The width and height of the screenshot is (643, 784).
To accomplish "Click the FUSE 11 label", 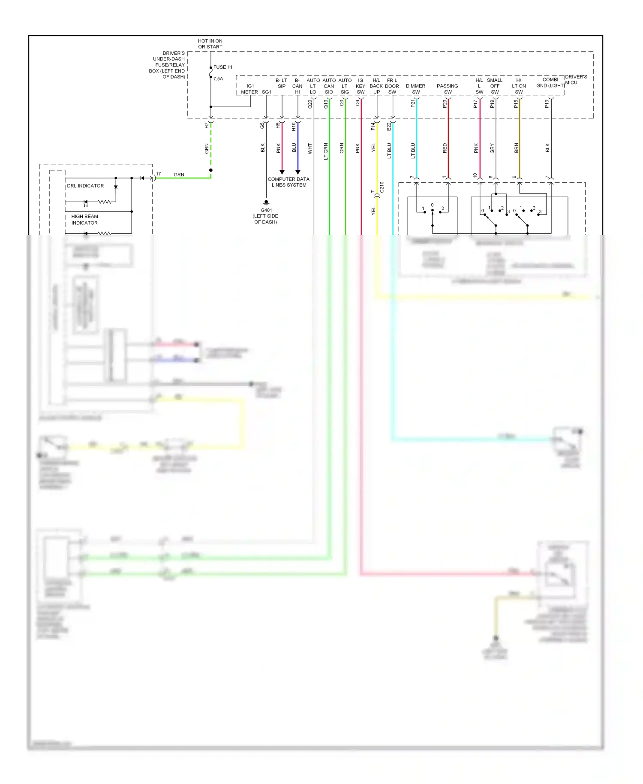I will pos(223,67).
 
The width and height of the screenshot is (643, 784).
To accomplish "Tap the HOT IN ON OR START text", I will pos(210,44).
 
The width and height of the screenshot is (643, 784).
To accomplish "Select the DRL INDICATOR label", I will pos(85,186).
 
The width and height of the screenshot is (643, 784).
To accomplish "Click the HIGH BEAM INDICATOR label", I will pos(84,220).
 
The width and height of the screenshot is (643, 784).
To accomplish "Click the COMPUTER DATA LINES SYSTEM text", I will pos(288,182).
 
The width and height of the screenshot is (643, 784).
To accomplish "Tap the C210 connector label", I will pos(382,187).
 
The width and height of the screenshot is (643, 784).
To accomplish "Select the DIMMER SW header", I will pos(415,89).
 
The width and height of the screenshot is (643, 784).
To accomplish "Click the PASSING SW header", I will pos(447,89).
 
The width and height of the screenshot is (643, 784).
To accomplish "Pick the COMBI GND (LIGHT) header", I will pos(550,82).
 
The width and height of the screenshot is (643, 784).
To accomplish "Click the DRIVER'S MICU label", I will pos(576,79).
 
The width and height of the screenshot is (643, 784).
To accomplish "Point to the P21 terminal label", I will pos(413,103).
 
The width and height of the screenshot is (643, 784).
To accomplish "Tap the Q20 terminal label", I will pos(310,104).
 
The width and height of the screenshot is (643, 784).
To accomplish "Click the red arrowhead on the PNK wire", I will pos(282,172).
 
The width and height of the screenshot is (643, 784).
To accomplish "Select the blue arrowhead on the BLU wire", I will pos(297,172).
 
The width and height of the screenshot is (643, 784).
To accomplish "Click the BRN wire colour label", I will pos(516,148).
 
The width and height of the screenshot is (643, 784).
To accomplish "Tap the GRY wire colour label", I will pos(492,148).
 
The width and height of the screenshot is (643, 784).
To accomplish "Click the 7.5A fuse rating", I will pos(218,79).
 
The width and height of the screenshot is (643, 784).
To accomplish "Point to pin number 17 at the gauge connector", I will pos(158,174).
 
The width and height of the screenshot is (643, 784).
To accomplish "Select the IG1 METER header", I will pos(250,89).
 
